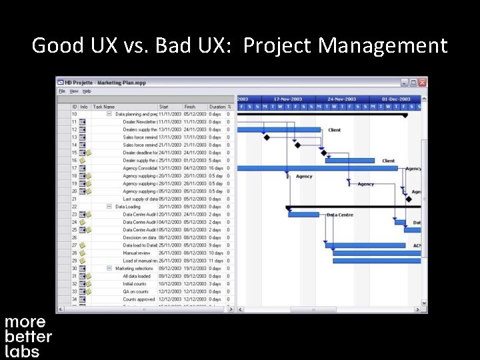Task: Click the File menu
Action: (61, 91)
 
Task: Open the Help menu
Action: (87, 91)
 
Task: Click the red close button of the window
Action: (422, 83)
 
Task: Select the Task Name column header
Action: (104, 107)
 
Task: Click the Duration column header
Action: (217, 107)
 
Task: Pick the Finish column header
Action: (190, 107)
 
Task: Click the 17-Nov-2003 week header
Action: (288, 99)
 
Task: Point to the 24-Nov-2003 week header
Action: (341, 99)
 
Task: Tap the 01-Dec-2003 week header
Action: (395, 99)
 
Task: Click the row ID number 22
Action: (74, 207)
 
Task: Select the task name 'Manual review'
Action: (136, 253)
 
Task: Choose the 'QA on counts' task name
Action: (136, 292)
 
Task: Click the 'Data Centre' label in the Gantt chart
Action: (340, 215)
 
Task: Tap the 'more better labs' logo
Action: (28, 337)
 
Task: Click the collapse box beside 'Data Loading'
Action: (109, 207)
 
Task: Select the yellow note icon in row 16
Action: (83, 161)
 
